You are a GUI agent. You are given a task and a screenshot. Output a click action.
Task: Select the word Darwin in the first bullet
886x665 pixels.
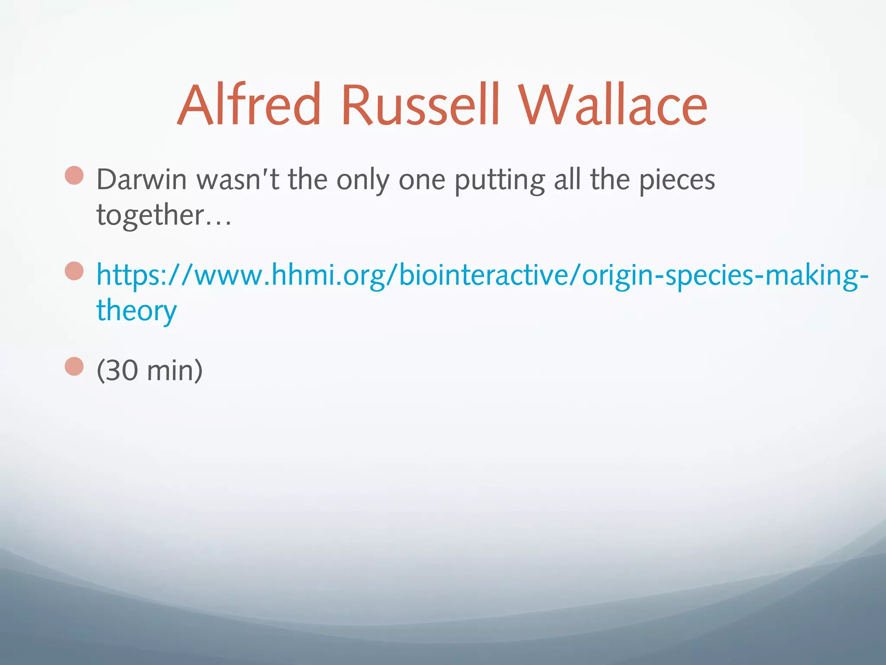point(141,180)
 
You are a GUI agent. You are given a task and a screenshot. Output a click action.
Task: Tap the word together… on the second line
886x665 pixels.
point(164,215)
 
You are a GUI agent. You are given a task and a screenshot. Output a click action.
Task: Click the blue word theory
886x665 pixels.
point(136,311)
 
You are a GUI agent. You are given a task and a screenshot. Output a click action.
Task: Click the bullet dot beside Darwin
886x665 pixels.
point(74,175)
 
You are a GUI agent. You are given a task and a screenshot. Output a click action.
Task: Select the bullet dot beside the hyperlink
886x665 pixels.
point(74,271)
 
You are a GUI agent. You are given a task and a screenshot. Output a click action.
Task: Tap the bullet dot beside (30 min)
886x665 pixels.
point(74,366)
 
